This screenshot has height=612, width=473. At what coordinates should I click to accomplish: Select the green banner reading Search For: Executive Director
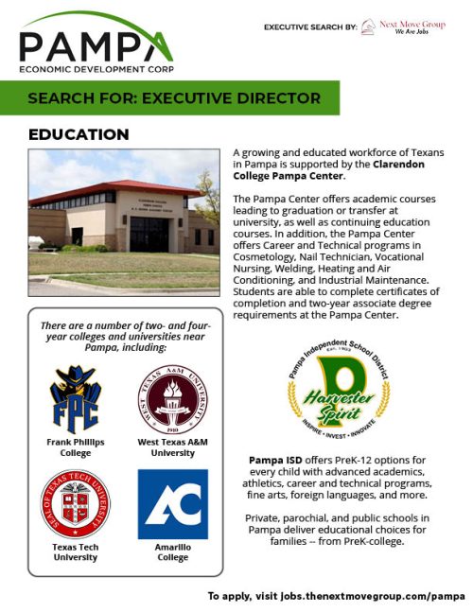tap(174, 98)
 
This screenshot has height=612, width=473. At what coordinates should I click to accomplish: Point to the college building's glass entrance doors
tap(149, 233)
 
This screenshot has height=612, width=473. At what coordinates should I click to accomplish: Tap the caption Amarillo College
tap(172, 551)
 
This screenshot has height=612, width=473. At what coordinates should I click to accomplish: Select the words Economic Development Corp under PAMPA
tap(95, 69)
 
